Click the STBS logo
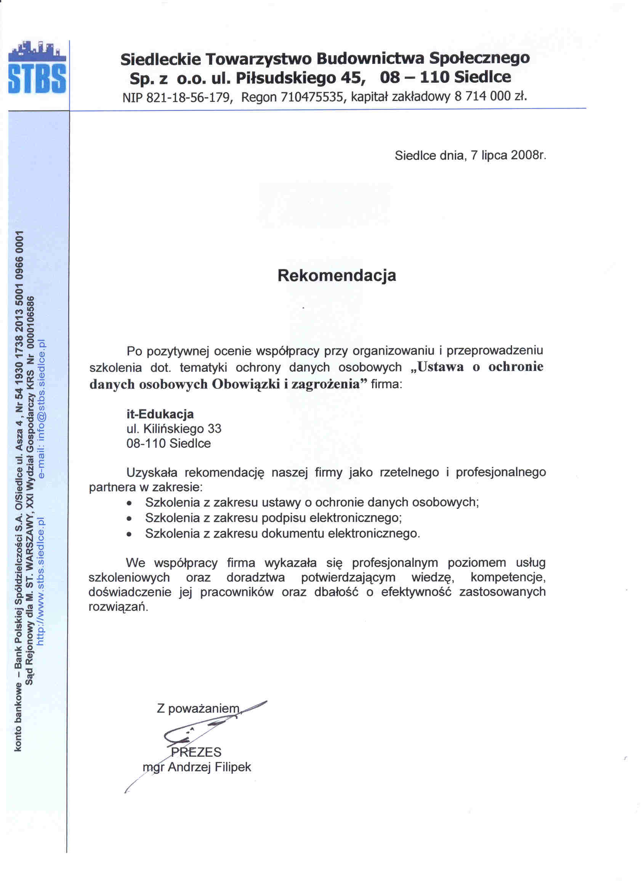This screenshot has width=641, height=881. [x=37, y=68]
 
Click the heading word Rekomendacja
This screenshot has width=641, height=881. [x=337, y=275]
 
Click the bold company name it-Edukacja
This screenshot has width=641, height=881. [x=160, y=414]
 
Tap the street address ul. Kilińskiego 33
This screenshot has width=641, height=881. [x=174, y=429]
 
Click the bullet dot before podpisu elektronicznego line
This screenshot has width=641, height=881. [x=129, y=518]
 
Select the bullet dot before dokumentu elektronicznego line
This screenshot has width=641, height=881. [x=129, y=534]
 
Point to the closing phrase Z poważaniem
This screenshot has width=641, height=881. [x=198, y=708]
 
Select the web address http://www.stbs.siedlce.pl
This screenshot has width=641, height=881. [x=41, y=581]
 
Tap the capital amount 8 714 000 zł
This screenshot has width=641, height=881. [x=490, y=96]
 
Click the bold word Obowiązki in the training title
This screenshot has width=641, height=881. [x=246, y=384]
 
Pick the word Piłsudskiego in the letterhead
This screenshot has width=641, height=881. [x=286, y=78]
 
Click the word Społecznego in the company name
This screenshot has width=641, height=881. [x=479, y=58]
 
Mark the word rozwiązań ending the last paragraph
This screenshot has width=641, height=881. [x=118, y=607]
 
